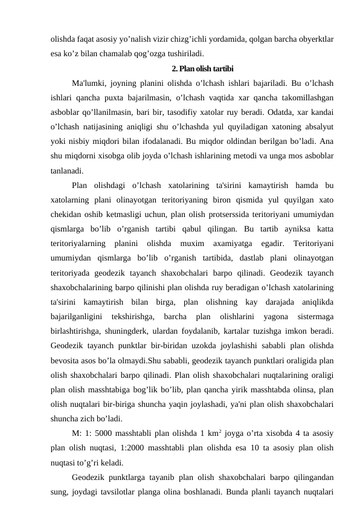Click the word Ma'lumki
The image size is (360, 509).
pos(88,83)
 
